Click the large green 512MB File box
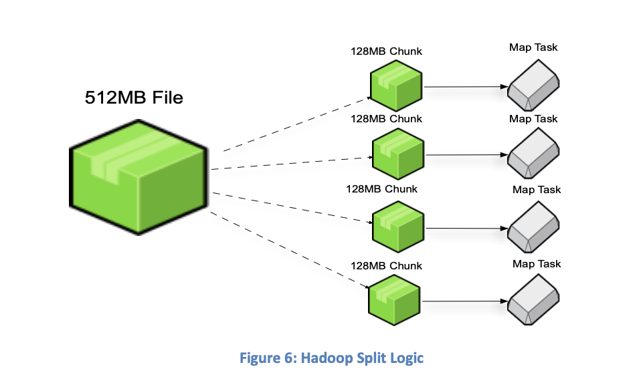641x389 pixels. [139, 178]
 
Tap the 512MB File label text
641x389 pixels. [134, 97]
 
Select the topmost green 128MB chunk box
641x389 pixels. [396, 85]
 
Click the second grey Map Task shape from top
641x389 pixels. [534, 155]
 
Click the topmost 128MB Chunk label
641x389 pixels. [387, 51]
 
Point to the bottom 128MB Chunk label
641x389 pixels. [387, 266]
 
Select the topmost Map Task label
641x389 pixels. [533, 47]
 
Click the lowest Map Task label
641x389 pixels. [537, 263]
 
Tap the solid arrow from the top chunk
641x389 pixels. [464, 86]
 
